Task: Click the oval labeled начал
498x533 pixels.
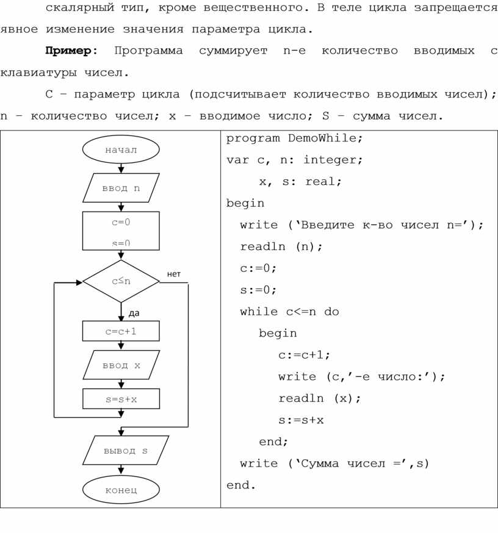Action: click(x=121, y=149)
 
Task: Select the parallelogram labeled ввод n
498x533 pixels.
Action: click(x=121, y=188)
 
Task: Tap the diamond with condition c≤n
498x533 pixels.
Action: click(x=121, y=281)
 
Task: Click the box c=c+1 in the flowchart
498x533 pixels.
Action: click(x=121, y=331)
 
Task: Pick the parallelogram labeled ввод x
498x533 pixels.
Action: click(x=121, y=365)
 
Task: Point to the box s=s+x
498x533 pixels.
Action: click(x=121, y=399)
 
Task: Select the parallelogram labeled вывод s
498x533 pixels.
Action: click(x=125, y=451)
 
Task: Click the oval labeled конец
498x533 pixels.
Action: click(x=121, y=490)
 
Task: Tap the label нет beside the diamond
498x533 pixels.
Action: click(x=174, y=274)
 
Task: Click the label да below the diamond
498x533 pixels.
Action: click(x=134, y=313)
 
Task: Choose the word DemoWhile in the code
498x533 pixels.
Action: click(x=325, y=138)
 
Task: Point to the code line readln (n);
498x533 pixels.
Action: click(x=281, y=246)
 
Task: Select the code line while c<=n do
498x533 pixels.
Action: click(x=289, y=312)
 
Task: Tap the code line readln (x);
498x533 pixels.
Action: click(x=320, y=398)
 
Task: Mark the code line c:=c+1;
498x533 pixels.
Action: click(x=304, y=355)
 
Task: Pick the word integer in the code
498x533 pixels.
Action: click(x=332, y=160)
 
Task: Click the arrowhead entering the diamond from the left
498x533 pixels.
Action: click(x=79, y=282)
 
